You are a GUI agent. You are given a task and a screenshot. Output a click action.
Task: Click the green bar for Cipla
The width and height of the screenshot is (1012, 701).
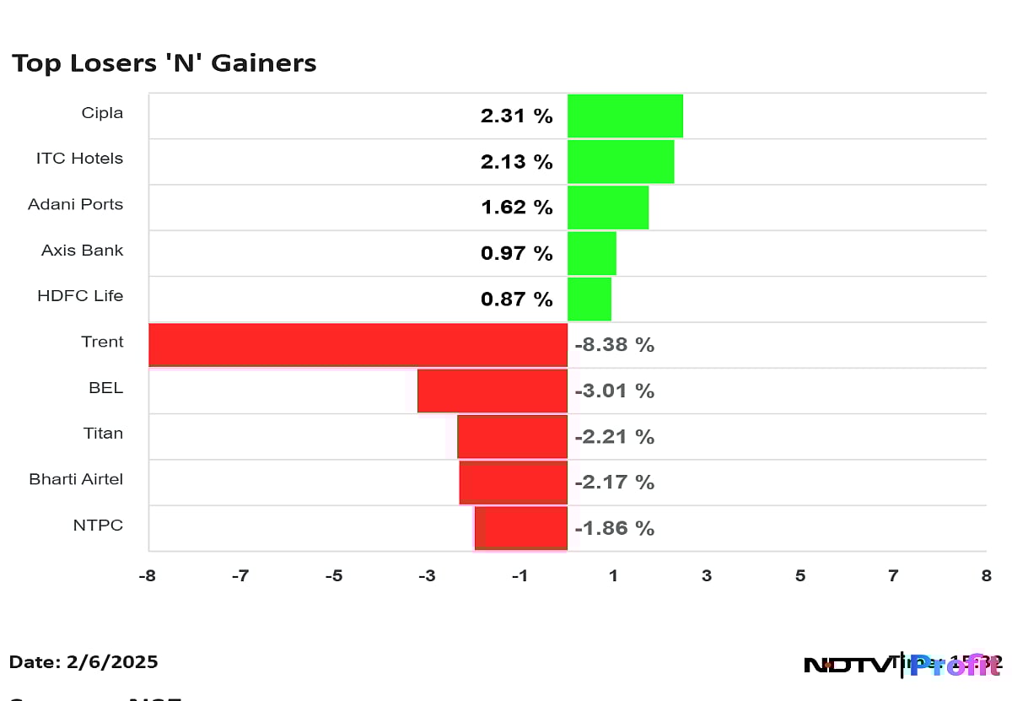tap(625, 116)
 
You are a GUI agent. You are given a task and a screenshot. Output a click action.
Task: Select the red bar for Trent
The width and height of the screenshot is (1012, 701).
tap(358, 344)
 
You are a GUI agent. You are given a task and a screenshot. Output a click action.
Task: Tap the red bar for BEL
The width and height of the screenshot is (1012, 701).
tap(493, 391)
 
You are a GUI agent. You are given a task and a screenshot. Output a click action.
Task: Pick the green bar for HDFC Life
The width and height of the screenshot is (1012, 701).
tap(589, 299)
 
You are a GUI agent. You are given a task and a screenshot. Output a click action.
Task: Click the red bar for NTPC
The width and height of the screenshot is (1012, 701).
tap(521, 528)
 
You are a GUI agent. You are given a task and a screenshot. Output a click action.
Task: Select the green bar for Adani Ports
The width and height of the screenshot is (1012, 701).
tap(608, 208)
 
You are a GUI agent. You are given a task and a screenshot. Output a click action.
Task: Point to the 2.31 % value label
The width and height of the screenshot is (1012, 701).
tap(516, 116)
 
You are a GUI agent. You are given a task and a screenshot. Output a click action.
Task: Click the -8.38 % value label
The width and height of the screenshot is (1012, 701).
tap(614, 345)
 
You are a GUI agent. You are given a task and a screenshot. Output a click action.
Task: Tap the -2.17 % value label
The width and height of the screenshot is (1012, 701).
tap(614, 483)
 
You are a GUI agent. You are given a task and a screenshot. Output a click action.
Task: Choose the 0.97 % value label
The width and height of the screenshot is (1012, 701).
tap(516, 253)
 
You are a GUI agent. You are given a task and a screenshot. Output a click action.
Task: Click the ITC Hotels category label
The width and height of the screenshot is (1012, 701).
tap(79, 159)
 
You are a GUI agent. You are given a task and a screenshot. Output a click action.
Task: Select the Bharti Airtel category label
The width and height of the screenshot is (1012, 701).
tap(76, 479)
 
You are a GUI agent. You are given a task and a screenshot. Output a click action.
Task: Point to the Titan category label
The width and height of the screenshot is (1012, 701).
tap(103, 434)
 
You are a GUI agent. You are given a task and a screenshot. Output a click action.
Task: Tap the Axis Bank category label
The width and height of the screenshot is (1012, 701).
tap(82, 251)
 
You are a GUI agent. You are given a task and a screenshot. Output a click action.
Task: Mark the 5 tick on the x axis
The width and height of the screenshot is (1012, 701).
tap(800, 576)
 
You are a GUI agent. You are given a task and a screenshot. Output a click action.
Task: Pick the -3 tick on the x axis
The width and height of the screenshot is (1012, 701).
tap(427, 576)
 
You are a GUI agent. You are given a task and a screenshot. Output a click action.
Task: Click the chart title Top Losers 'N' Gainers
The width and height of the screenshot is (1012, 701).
tap(164, 63)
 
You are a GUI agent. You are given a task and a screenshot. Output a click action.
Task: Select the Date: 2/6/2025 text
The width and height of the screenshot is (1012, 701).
tap(83, 662)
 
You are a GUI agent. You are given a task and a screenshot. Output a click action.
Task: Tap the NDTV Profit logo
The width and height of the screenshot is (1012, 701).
tap(902, 665)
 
